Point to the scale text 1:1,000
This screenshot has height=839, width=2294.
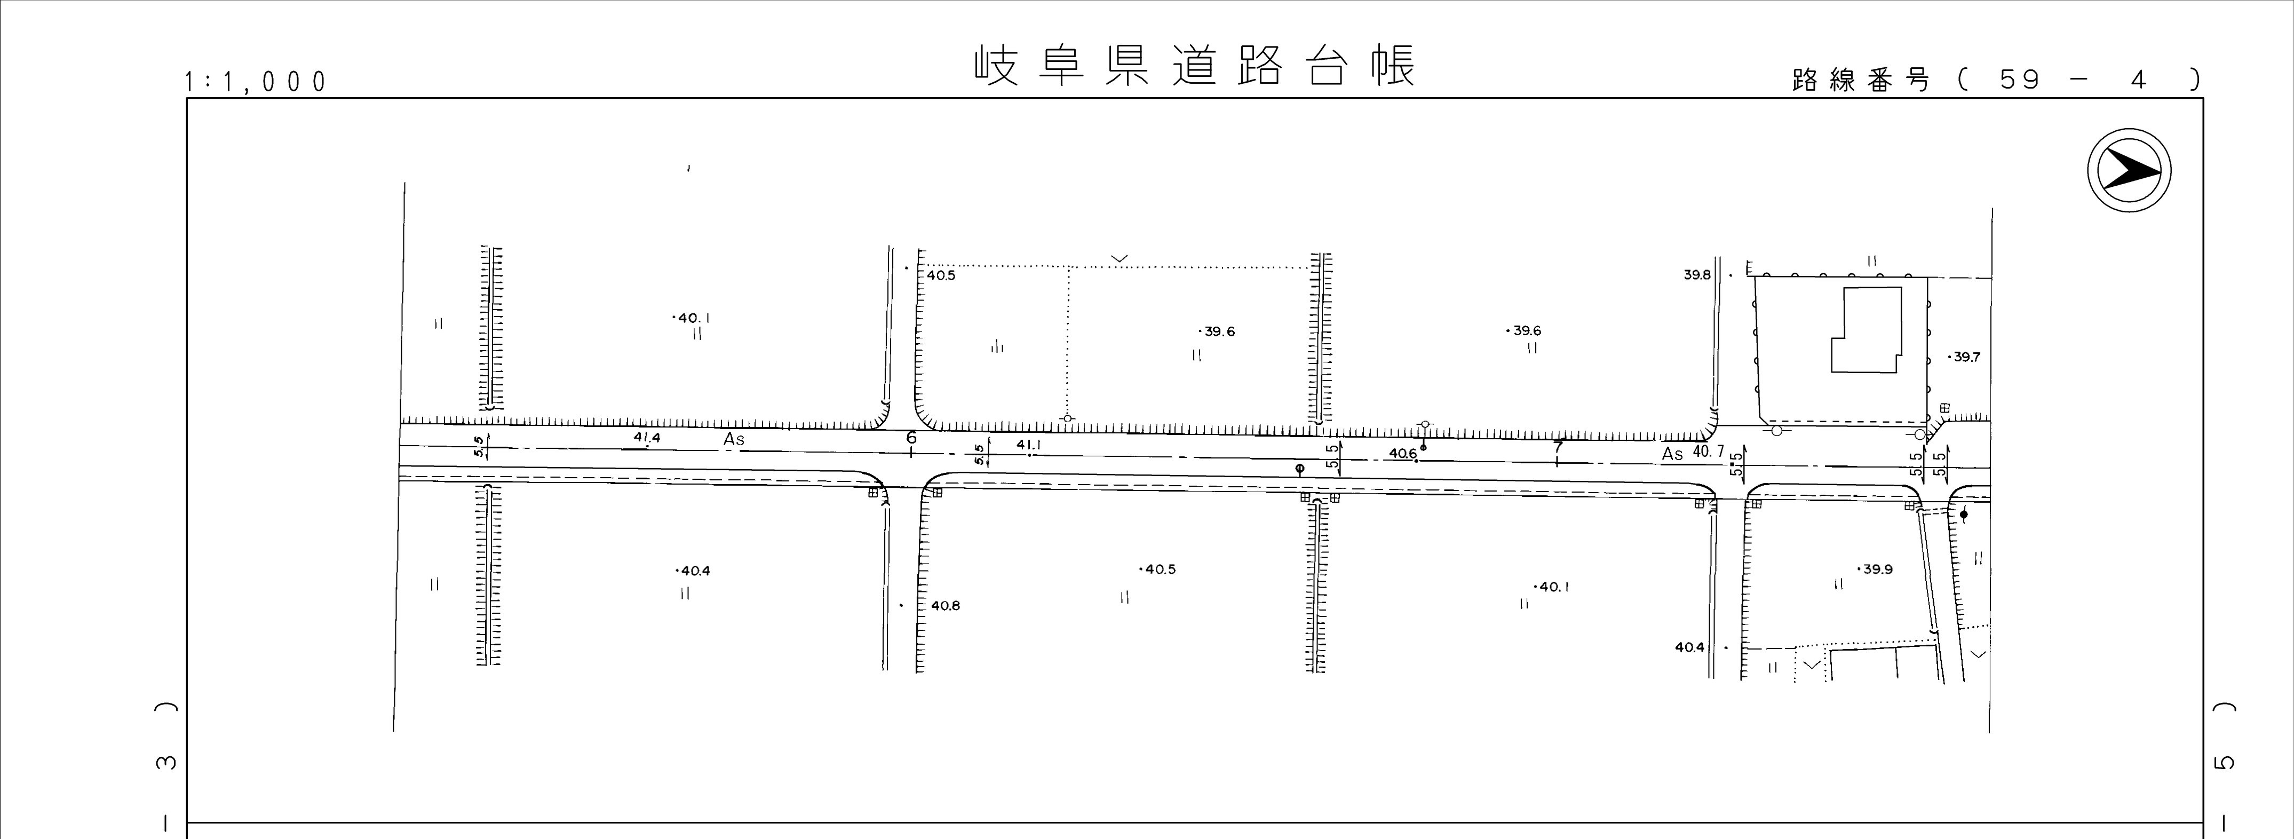pos(256,83)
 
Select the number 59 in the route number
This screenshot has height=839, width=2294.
pos(2020,80)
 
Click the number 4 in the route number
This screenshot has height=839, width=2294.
pos(2139,80)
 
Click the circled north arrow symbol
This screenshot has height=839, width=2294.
pos(2129,170)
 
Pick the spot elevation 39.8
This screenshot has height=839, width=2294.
pos(1696,275)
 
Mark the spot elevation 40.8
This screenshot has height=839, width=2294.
pos(945,606)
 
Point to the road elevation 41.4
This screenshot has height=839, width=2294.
pos(647,437)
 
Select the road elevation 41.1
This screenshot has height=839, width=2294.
pos(1029,445)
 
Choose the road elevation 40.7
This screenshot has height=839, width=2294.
pos(1708,452)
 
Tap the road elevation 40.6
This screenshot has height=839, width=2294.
pos(1402,454)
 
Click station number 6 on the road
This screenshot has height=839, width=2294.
pos(911,437)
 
